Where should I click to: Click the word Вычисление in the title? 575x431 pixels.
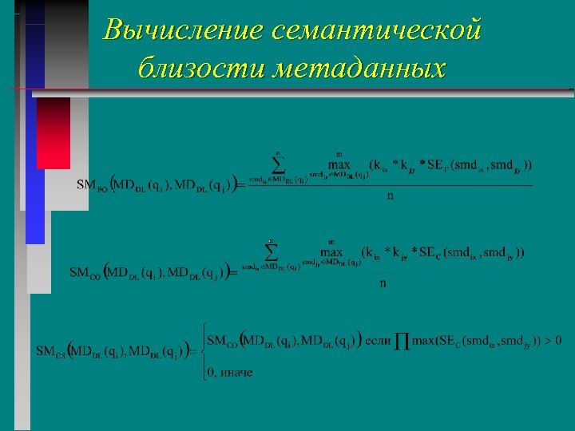(x=183, y=30)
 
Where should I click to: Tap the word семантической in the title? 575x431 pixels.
(x=377, y=30)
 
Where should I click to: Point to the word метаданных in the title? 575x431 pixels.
(x=359, y=68)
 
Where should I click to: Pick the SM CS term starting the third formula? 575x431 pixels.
(x=50, y=351)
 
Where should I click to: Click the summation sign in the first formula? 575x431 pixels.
(x=279, y=165)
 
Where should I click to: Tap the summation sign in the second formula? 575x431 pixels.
(x=272, y=252)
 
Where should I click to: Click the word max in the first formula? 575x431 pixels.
(x=339, y=165)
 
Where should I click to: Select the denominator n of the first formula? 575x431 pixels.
(x=391, y=196)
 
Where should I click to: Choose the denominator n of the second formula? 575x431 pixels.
(x=383, y=283)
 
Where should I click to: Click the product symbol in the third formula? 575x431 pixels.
(x=402, y=342)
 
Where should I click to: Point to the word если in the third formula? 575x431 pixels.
(x=378, y=340)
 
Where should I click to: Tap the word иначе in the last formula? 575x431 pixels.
(x=237, y=372)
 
